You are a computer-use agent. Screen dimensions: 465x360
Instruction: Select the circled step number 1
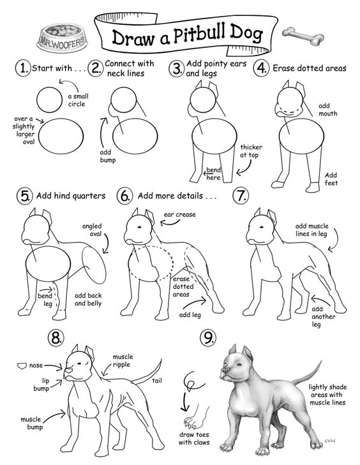(24, 68)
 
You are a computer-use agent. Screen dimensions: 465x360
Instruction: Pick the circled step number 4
(261, 68)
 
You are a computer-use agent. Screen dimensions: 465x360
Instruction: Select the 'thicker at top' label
(251, 151)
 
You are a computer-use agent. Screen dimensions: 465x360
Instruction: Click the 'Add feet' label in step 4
(331, 179)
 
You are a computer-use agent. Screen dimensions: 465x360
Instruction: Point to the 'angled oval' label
(94, 230)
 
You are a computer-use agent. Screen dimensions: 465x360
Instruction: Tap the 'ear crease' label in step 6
(180, 215)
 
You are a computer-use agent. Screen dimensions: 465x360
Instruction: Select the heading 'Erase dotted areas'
(310, 68)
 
